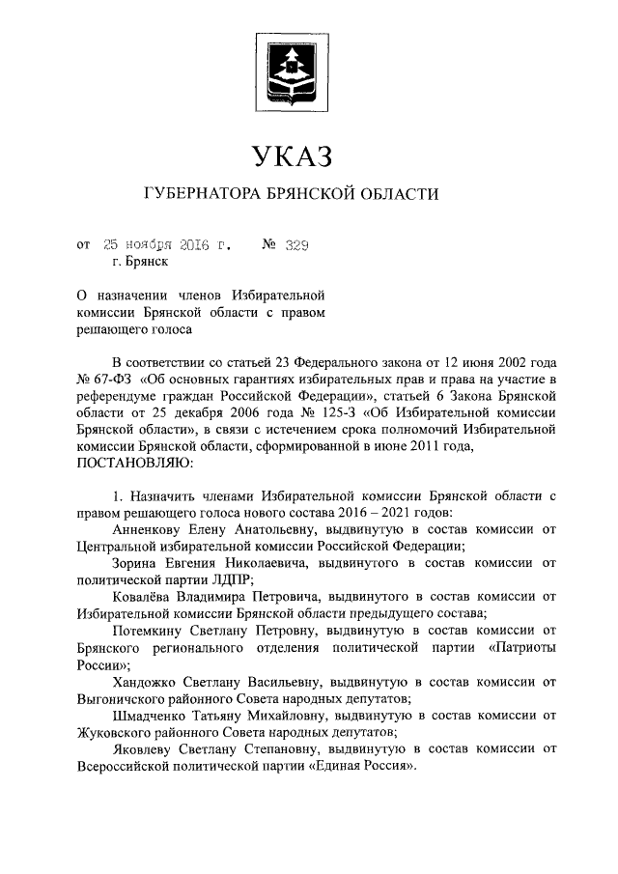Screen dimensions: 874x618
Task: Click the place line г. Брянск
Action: coord(140,261)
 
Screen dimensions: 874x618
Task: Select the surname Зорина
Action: coord(136,564)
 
